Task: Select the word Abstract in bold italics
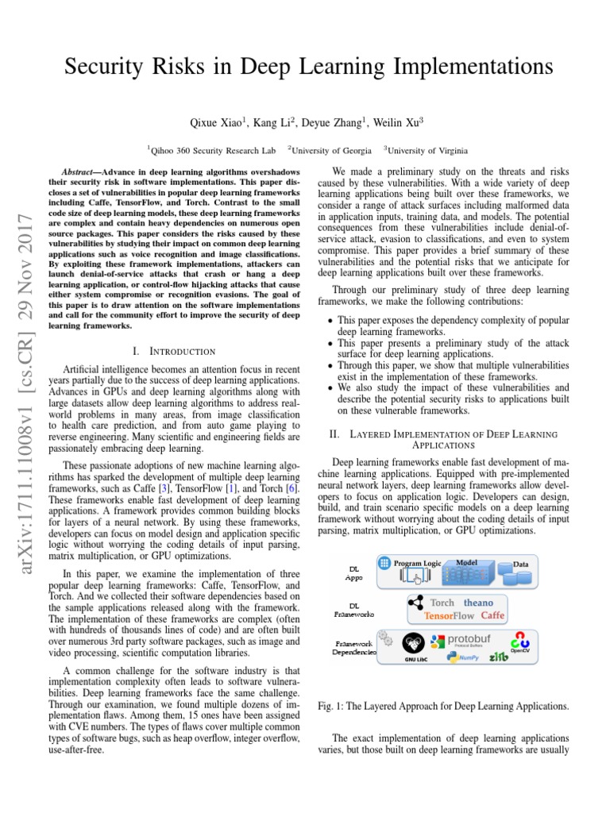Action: tap(83, 172)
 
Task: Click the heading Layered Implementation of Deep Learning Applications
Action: tap(443, 440)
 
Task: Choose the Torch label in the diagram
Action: tap(442, 603)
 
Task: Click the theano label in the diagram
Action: tap(479, 603)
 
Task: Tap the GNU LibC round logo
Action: tap(413, 643)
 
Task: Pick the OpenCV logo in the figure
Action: tap(520, 642)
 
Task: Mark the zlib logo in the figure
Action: tap(498, 657)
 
